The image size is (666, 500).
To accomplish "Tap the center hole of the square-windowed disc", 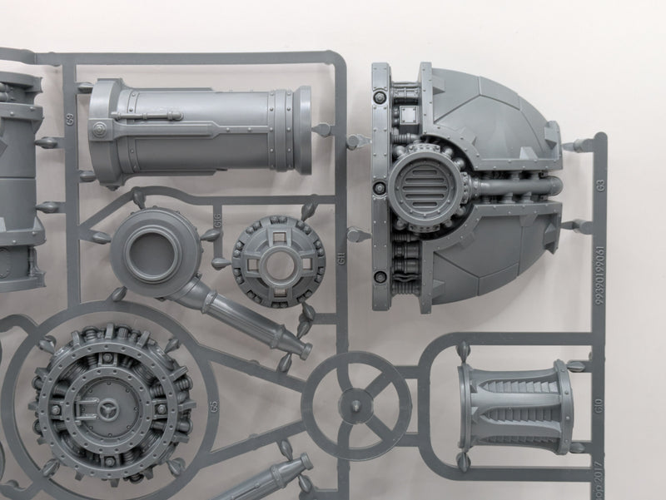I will pyautogui.click(x=269, y=260).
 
